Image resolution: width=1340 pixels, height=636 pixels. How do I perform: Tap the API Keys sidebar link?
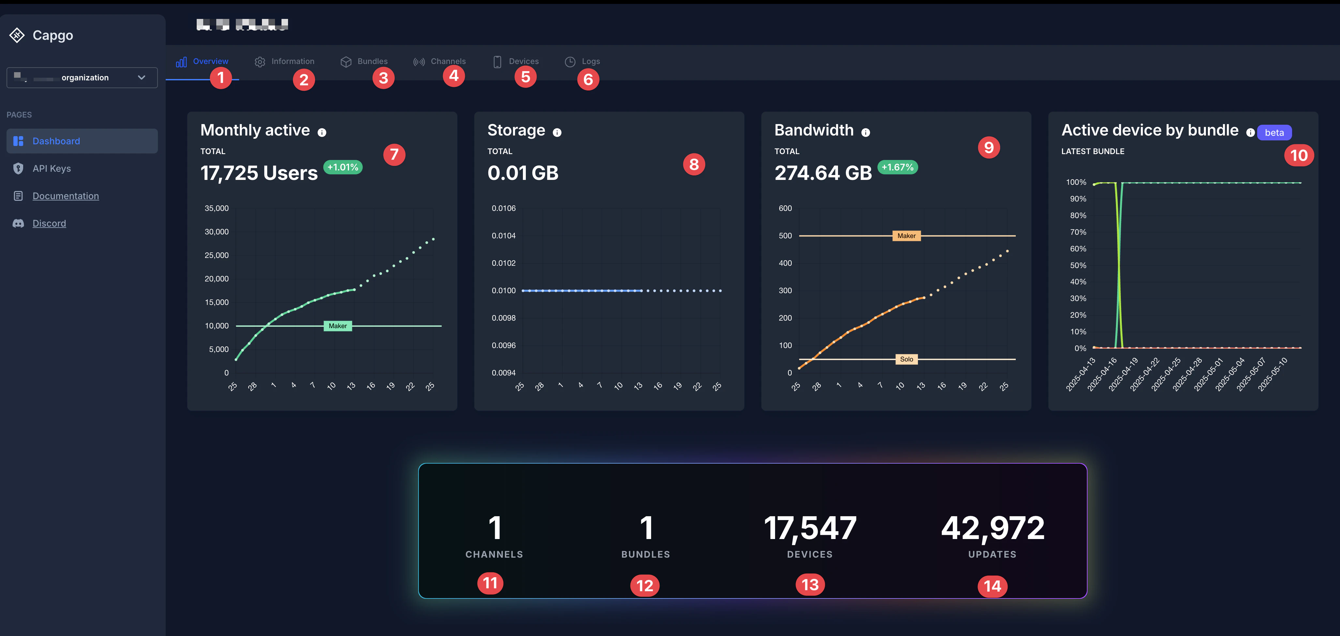pyautogui.click(x=52, y=168)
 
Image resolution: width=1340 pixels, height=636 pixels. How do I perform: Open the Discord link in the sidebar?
pyautogui.click(x=49, y=223)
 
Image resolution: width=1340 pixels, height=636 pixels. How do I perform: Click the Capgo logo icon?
pyautogui.click(x=17, y=35)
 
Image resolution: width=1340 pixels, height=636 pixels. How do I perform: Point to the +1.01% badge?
pyautogui.click(x=343, y=167)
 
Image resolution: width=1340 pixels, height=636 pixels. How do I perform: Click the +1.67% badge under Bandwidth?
pyautogui.click(x=897, y=167)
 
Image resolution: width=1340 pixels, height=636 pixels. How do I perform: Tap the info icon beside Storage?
pyautogui.click(x=557, y=133)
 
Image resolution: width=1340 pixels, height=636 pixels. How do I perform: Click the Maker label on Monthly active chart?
pyautogui.click(x=338, y=326)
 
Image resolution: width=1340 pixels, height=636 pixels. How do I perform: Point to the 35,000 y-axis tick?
pyautogui.click(x=216, y=208)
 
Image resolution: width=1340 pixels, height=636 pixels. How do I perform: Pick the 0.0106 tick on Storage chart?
pyautogui.click(x=504, y=208)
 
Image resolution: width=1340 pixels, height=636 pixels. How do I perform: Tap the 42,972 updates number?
pyautogui.click(x=993, y=528)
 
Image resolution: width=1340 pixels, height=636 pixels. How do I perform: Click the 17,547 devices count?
pyautogui.click(x=810, y=528)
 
